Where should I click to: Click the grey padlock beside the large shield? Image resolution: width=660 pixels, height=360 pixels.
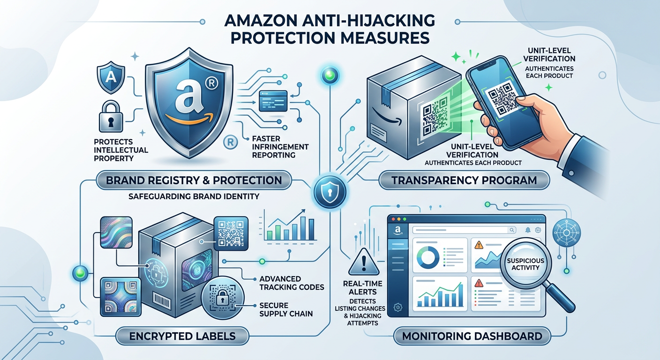(111, 117)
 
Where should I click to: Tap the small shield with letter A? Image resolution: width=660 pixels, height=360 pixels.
(111, 77)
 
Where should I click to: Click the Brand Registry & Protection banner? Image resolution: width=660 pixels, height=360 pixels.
(194, 180)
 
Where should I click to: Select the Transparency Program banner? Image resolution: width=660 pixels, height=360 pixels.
(464, 180)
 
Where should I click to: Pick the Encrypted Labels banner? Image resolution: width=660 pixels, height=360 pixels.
(182, 336)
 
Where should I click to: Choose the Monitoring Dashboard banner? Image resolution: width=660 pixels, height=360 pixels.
(472, 336)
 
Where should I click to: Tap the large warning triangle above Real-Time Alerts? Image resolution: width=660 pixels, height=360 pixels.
(364, 262)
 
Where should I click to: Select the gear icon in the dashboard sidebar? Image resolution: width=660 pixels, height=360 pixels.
(398, 307)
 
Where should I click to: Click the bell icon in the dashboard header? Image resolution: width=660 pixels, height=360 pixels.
(528, 230)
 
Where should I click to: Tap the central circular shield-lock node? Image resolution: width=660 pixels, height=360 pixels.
(330, 192)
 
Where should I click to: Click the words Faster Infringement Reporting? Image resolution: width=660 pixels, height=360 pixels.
(280, 147)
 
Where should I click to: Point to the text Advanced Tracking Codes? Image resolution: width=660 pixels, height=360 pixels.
(292, 283)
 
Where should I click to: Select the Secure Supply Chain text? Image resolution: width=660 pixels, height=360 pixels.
(286, 309)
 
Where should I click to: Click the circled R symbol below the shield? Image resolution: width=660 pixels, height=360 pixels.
(231, 142)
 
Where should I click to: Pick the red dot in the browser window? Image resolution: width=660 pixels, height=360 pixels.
(393, 219)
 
